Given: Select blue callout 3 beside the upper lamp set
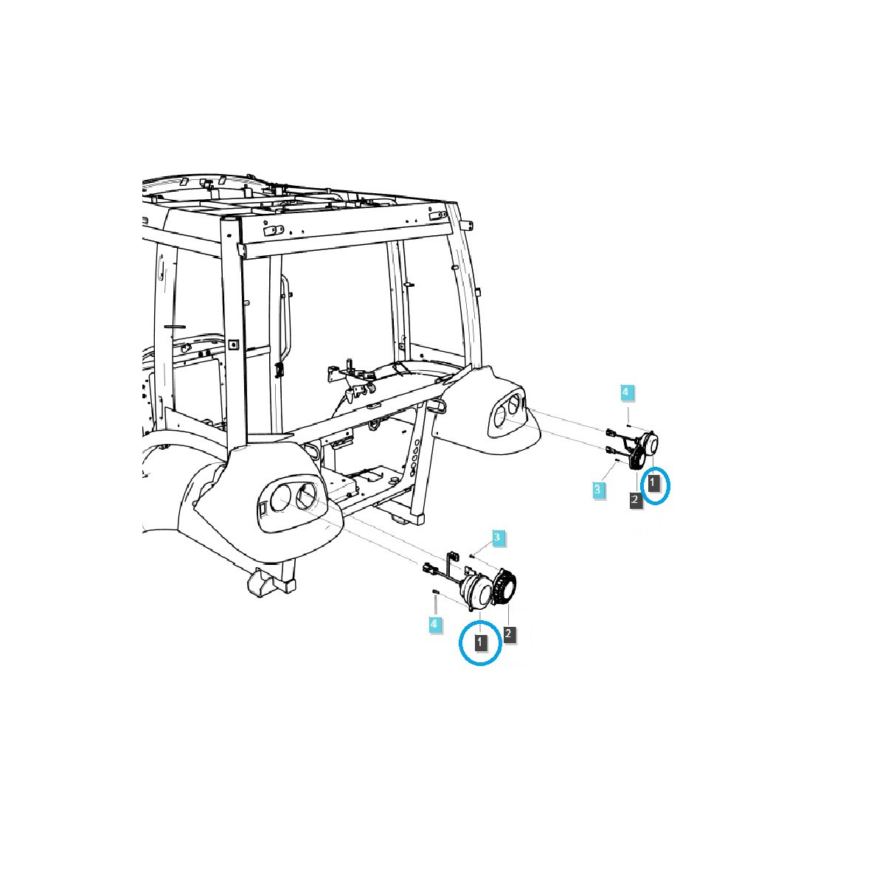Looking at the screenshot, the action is tap(597, 490).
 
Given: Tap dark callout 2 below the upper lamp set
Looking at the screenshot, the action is tap(635, 500).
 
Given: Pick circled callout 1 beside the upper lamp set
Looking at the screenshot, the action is tap(653, 482).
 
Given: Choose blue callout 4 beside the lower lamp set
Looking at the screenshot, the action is tap(434, 624).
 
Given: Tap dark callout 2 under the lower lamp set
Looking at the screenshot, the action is tap(508, 634).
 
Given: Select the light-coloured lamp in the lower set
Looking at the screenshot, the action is tap(476, 593).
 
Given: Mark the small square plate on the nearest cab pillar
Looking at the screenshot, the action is tap(233, 344).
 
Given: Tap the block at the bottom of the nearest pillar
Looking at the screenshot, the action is tap(271, 581).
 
